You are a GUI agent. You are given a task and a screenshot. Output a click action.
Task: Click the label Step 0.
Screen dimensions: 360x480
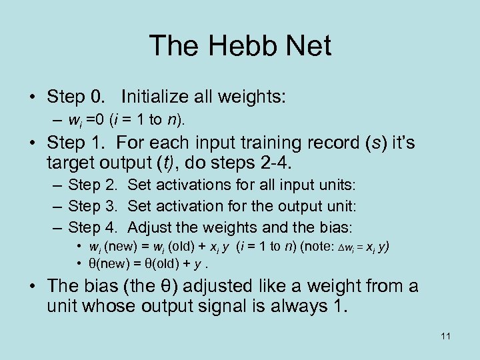point(76,97)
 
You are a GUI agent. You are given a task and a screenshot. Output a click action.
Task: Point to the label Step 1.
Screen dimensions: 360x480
point(76,143)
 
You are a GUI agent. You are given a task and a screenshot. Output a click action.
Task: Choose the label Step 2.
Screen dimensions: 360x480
point(94,184)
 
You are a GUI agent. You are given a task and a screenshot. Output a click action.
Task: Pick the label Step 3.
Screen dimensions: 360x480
point(94,205)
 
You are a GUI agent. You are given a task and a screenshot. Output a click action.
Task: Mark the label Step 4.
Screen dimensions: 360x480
point(94,227)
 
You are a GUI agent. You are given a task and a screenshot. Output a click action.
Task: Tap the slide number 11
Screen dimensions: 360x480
point(445,337)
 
